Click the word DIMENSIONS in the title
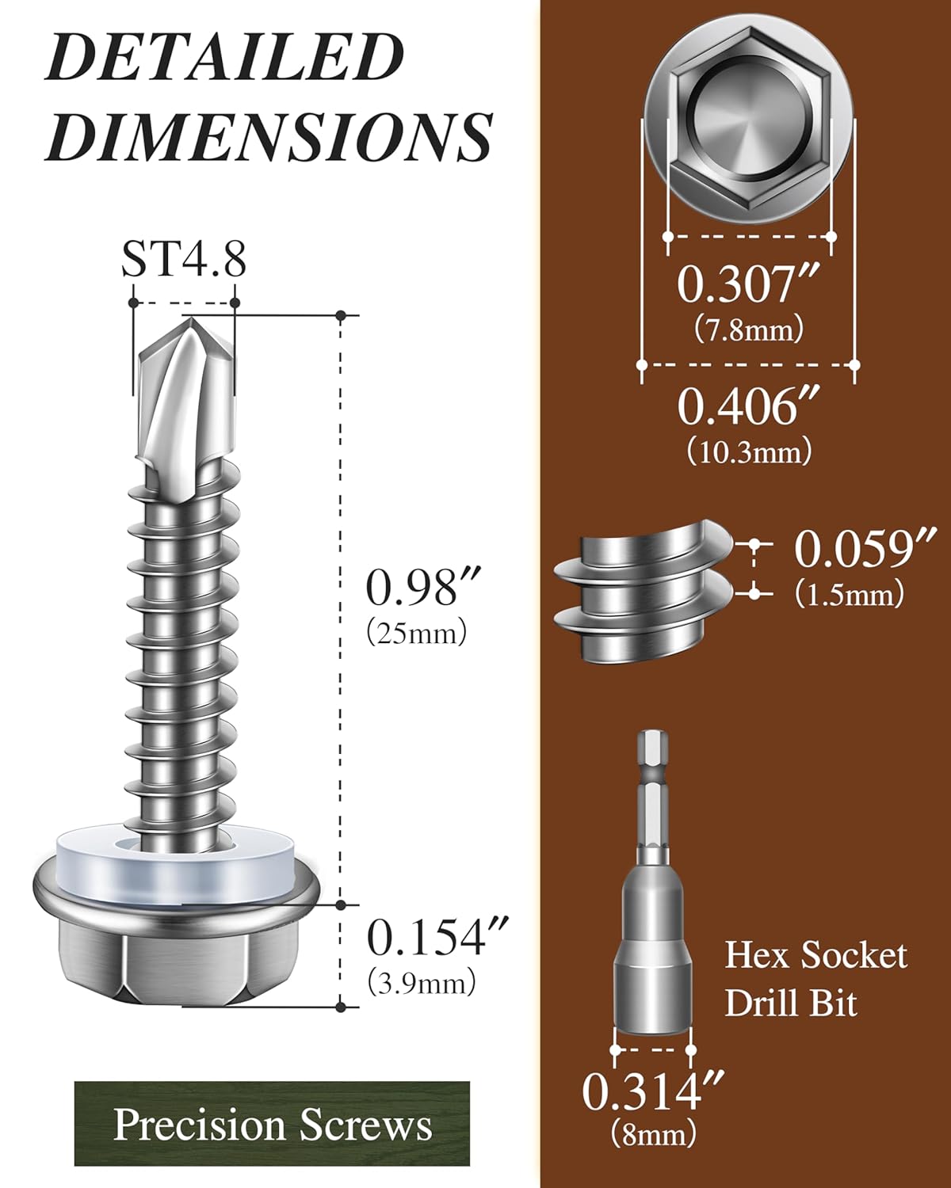[269, 136]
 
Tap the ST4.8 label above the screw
[183, 258]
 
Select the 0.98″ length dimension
[412, 588]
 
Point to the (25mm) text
[417, 633]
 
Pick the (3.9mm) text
[421, 983]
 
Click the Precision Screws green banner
[272, 1124]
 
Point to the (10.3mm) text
[749, 451]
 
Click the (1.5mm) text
[850, 594]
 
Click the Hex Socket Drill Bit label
[815, 979]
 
